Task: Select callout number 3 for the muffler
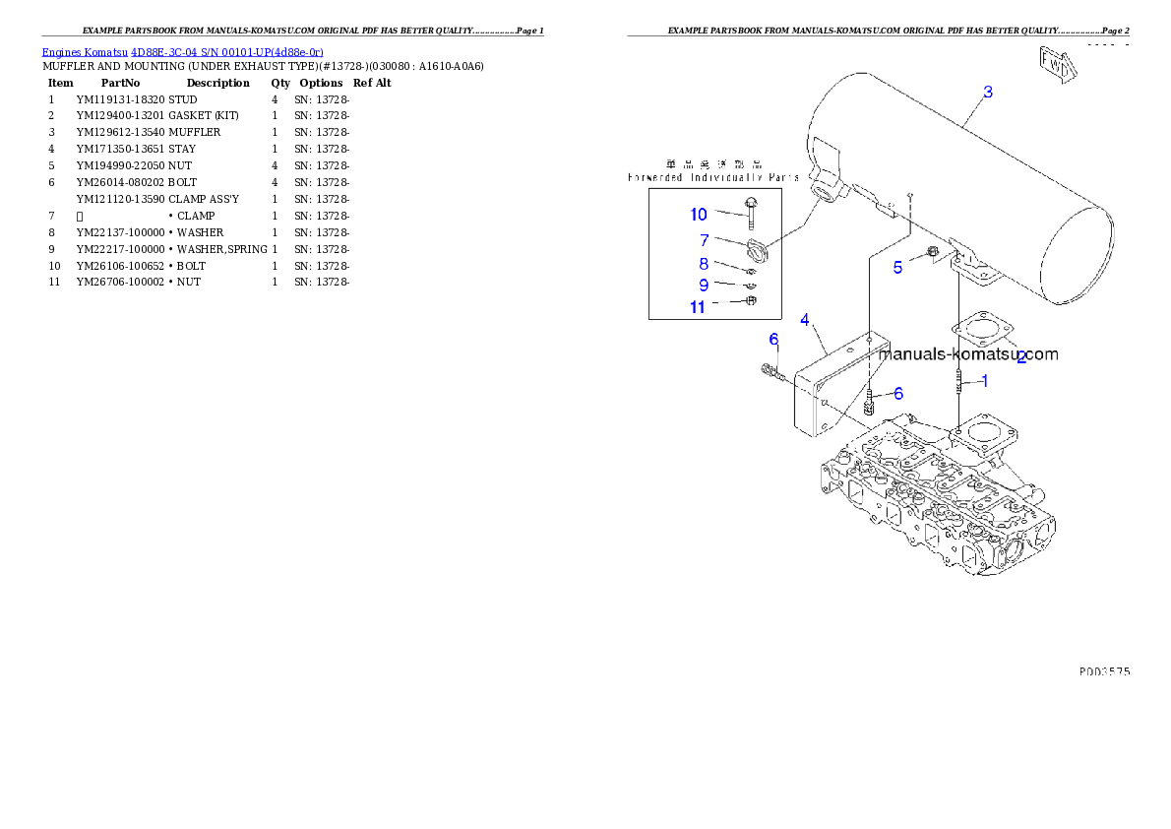click(x=988, y=93)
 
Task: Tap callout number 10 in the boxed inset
click(x=698, y=215)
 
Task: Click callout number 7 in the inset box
click(x=704, y=240)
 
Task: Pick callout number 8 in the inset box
click(x=704, y=264)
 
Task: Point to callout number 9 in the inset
click(x=704, y=285)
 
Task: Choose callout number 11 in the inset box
click(x=697, y=307)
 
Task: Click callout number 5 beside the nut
click(x=897, y=267)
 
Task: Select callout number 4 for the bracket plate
click(x=805, y=320)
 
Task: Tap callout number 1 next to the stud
click(x=984, y=381)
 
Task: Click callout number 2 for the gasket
click(x=1021, y=358)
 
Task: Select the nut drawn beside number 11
click(x=749, y=301)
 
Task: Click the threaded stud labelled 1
click(x=958, y=381)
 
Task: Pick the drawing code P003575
click(x=1103, y=671)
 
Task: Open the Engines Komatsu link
click(x=182, y=51)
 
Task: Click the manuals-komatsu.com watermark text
click(x=968, y=354)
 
